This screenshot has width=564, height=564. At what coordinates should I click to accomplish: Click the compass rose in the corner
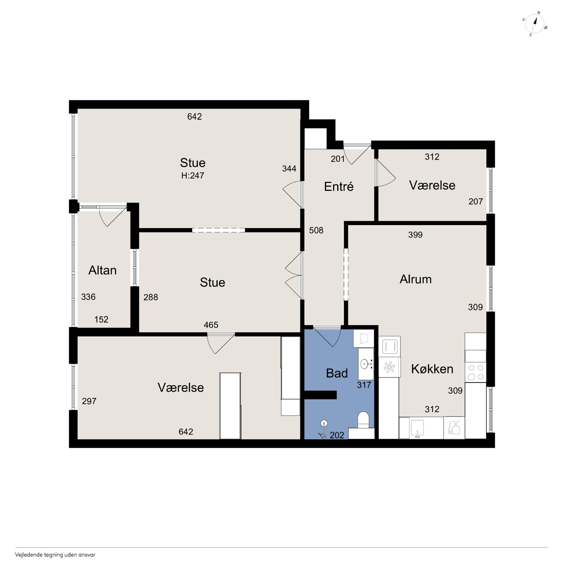(534, 24)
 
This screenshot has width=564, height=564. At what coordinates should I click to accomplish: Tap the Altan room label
(102, 270)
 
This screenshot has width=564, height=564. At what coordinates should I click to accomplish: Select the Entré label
(339, 186)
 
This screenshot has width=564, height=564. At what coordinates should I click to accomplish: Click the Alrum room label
(415, 279)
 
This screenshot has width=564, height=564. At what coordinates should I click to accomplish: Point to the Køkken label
(432, 369)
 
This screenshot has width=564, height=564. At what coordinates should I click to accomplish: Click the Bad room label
(337, 373)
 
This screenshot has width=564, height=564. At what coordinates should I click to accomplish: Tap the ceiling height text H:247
(193, 175)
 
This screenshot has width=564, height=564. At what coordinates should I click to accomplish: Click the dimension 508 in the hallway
(316, 230)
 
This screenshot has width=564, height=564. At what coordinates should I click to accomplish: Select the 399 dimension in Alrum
(415, 235)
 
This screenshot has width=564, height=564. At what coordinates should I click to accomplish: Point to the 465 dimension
(211, 325)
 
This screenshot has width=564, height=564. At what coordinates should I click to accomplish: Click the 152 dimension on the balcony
(101, 319)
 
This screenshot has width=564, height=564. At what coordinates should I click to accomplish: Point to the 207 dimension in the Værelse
(475, 202)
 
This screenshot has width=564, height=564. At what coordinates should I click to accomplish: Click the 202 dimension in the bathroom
(337, 435)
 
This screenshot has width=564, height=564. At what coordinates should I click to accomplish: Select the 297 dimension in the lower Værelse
(89, 401)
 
